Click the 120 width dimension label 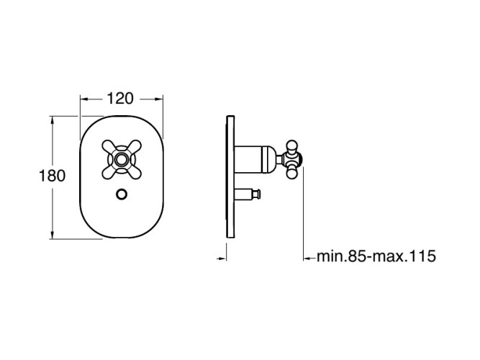pyautogui.click(x=120, y=99)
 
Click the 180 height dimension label pyautogui.click(x=52, y=176)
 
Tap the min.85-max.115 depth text pyautogui.click(x=376, y=256)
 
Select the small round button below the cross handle pyautogui.click(x=122, y=194)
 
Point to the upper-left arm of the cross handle pyautogui.click(x=108, y=147)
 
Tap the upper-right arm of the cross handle pyautogui.click(x=135, y=147)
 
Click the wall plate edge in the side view pyautogui.click(x=230, y=176)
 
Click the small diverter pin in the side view pyautogui.click(x=248, y=194)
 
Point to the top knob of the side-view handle pyautogui.click(x=291, y=146)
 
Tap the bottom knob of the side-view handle pyautogui.click(x=291, y=172)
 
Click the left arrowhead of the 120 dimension pyautogui.click(x=84, y=99)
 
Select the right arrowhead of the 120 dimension pyautogui.click(x=158, y=99)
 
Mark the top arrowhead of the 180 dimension pyautogui.click(x=53, y=120)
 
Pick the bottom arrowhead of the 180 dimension pyautogui.click(x=53, y=235)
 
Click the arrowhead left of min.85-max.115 pyautogui.click(x=307, y=258)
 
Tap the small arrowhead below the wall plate pyautogui.click(x=223, y=258)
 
